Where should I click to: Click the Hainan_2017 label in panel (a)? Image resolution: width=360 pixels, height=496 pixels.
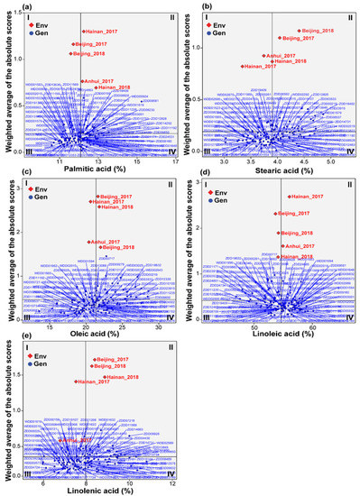pos(100,32)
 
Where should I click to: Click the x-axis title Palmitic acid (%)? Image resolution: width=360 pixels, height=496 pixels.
pos(100,167)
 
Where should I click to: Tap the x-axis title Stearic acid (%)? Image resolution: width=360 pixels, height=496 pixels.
pos(282,167)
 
